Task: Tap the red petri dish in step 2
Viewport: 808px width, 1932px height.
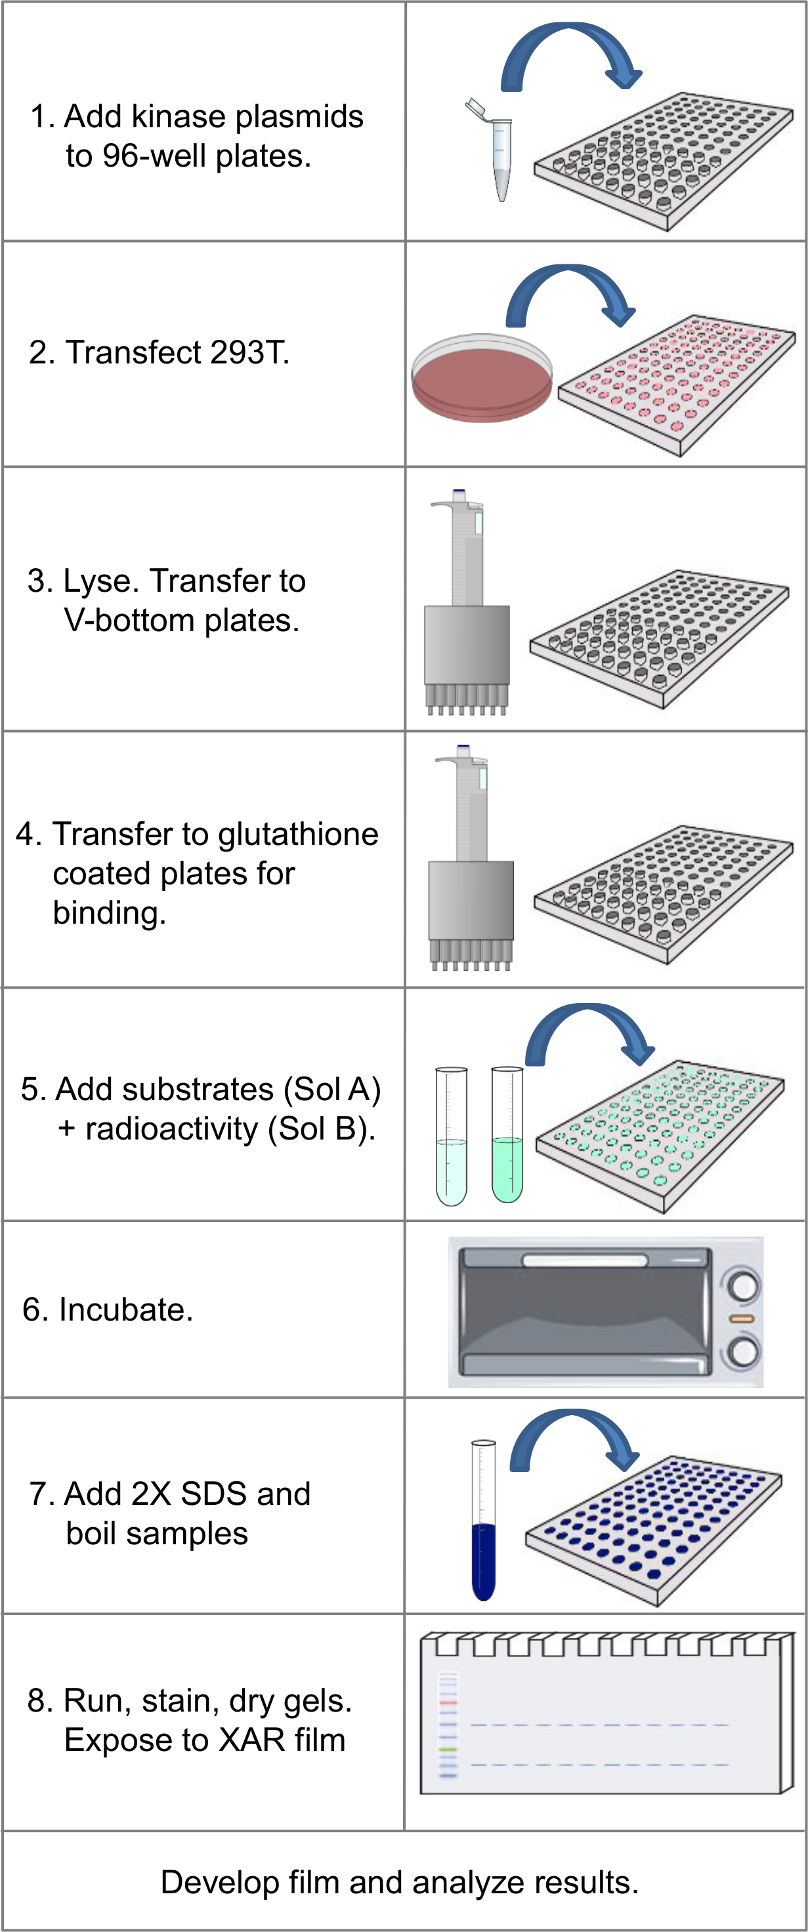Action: pyautogui.click(x=482, y=378)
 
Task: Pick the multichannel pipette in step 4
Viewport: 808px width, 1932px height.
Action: pyautogui.click(x=471, y=858)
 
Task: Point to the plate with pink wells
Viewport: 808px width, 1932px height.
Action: pyautogui.click(x=677, y=386)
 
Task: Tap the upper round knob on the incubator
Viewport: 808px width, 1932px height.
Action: pyautogui.click(x=744, y=1286)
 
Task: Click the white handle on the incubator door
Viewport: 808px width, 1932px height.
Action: pyautogui.click(x=584, y=1261)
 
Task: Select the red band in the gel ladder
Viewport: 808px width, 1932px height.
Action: pyautogui.click(x=448, y=1703)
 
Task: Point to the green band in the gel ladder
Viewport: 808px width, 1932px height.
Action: pyautogui.click(x=448, y=1750)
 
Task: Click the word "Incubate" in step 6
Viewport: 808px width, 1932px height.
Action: pyautogui.click(x=122, y=1309)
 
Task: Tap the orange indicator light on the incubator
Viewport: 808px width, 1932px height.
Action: pyautogui.click(x=742, y=1319)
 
